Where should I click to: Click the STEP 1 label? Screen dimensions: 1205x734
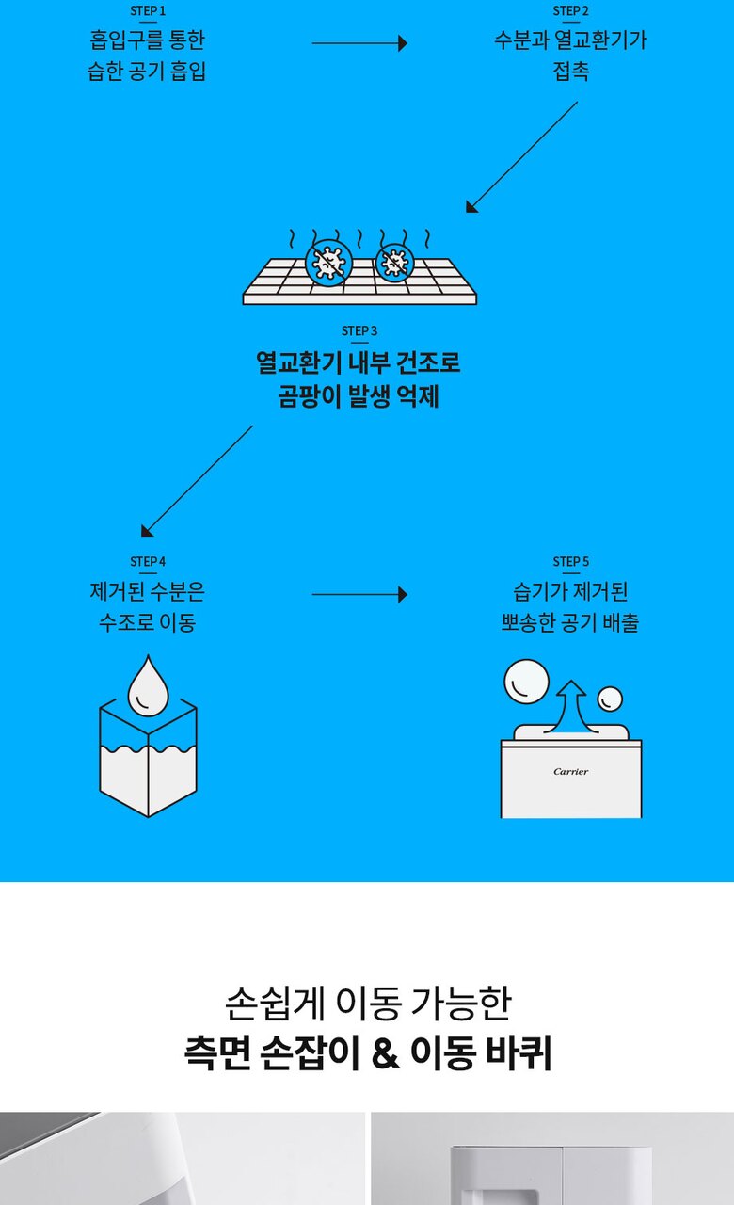[x=148, y=11]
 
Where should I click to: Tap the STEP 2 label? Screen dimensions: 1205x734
[x=571, y=11]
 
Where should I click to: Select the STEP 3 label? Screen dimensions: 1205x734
[x=359, y=331]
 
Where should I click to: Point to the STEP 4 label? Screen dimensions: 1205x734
[x=148, y=562]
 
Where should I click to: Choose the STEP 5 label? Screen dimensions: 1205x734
[x=571, y=562]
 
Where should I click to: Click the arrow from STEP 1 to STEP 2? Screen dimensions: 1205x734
[x=359, y=43]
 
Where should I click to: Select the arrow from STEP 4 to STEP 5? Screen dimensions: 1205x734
[x=359, y=595]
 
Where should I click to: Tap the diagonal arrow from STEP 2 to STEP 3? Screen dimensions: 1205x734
[x=521, y=157]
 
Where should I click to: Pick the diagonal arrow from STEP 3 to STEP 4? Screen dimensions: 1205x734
[x=197, y=481]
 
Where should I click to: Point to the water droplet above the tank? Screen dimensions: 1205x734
[x=147, y=686]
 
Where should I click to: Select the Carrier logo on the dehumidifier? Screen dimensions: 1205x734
[x=571, y=772]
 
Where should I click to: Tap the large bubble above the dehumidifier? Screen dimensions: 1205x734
[x=526, y=681]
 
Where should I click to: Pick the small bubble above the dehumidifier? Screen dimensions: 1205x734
[x=611, y=699]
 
